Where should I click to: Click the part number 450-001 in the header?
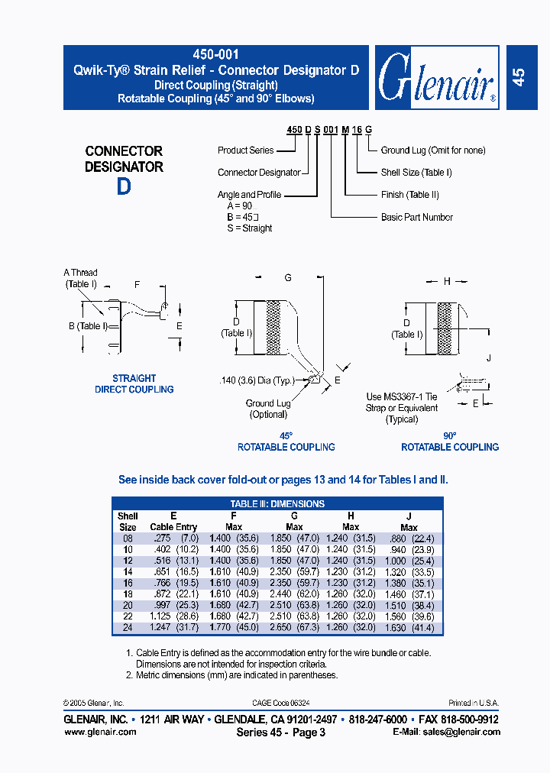[216, 55]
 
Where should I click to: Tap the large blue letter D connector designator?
[124, 187]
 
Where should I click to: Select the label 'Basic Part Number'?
[416, 218]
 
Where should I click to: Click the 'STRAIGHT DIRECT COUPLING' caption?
[134, 384]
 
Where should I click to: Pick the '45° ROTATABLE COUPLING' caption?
[286, 441]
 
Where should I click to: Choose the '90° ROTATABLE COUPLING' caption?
[450, 441]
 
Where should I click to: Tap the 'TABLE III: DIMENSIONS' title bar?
[277, 504]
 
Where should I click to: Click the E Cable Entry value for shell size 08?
[173, 539]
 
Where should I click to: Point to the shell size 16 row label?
[127, 583]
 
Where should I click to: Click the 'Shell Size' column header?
[128, 522]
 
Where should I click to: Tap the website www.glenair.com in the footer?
[100, 732]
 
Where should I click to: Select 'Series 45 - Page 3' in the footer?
[281, 733]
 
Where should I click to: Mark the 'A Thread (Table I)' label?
[80, 279]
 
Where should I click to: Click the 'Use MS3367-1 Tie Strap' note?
[402, 408]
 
